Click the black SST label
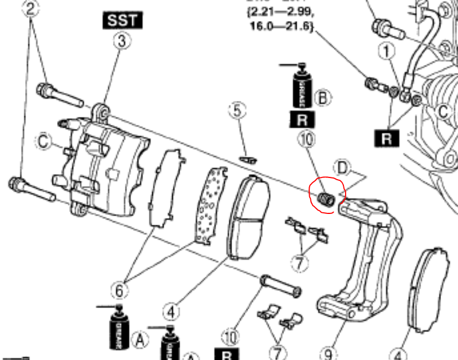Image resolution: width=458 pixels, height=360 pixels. (123, 21)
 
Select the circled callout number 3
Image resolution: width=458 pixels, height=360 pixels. (122, 41)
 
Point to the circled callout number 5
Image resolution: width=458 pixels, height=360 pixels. (237, 110)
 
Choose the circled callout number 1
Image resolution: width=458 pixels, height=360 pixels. (388, 52)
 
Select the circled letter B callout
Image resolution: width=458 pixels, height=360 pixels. (323, 98)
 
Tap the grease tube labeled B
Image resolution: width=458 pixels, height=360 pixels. (300, 88)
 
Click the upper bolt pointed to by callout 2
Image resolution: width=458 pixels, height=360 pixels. (59, 95)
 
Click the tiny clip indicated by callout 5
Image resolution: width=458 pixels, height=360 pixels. (248, 159)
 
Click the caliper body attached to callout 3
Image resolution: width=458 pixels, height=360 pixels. (106, 165)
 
